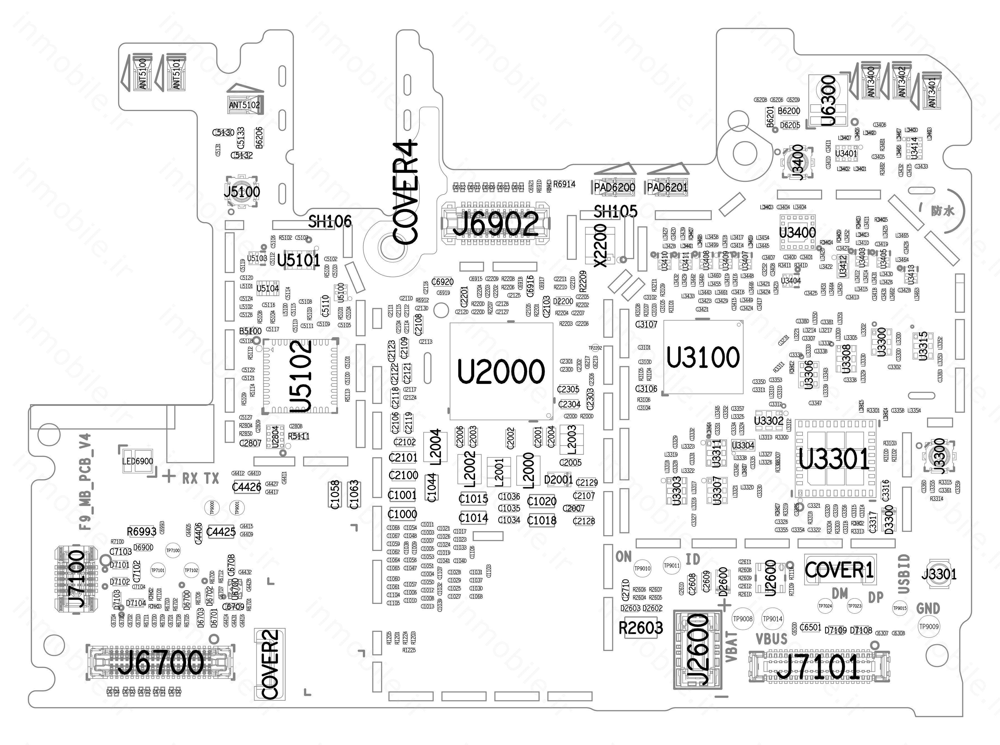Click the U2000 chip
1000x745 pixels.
(x=501, y=371)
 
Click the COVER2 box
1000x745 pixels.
(x=270, y=664)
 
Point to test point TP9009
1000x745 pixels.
(x=929, y=626)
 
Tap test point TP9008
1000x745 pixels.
(x=742, y=619)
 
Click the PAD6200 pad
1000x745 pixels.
(x=614, y=187)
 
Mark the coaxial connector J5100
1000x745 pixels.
(x=242, y=192)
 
